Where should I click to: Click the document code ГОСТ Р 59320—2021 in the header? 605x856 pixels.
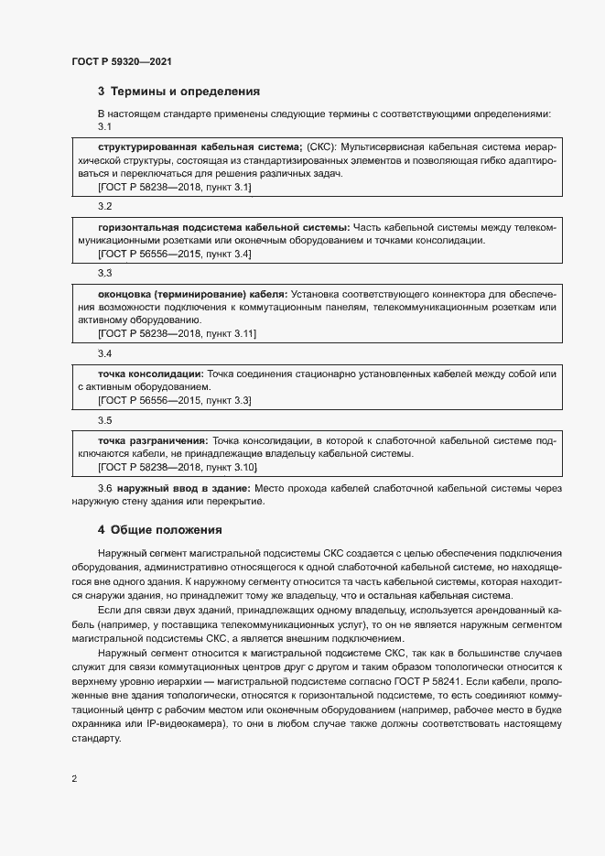121,61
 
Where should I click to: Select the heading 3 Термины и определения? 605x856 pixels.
178,92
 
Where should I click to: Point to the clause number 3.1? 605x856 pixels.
104,126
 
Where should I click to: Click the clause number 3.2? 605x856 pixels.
104,206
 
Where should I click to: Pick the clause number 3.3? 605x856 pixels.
104,273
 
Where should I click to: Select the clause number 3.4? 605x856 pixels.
104,353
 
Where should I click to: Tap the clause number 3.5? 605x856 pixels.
104,420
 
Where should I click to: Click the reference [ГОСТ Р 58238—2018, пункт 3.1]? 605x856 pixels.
174,187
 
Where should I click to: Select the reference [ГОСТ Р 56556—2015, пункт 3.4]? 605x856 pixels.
174,254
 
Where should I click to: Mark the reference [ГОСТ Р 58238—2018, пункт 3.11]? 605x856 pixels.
177,334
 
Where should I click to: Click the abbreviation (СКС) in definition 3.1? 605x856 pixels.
320,146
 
